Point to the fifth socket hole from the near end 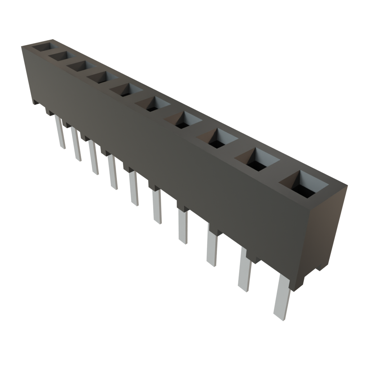(152, 104)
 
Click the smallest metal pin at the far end (60, 131)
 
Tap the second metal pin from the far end (76, 144)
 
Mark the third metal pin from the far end (94, 157)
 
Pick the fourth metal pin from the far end (112, 172)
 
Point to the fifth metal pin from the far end (133, 188)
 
